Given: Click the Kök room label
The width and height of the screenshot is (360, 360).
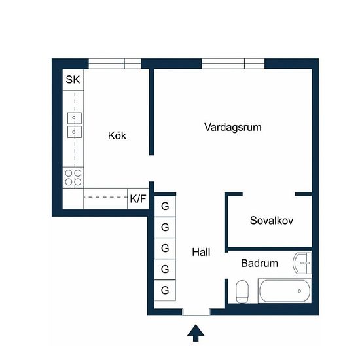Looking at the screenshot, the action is click(117, 135).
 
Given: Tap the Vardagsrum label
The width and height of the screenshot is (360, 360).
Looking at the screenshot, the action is click(233, 127).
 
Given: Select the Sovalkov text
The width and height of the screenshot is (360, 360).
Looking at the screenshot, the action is click(272, 221).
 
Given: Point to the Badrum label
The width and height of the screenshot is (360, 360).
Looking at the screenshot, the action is click(259, 263).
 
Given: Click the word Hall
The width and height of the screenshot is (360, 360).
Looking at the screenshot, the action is click(201, 252).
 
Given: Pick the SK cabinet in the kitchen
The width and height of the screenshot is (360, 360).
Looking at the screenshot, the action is click(73, 80).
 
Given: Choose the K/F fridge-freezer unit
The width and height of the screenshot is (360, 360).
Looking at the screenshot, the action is click(138, 199).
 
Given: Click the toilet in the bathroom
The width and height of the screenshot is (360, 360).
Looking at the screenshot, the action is click(242, 291).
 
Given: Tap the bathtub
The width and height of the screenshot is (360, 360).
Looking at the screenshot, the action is click(285, 291).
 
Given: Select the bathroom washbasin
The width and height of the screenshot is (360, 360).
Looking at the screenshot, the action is click(302, 263).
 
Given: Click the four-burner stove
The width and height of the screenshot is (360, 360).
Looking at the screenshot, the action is click(73, 177).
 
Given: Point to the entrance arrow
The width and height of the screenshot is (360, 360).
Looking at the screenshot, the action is click(196, 333).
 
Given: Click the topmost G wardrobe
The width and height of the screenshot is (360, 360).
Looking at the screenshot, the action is click(165, 206).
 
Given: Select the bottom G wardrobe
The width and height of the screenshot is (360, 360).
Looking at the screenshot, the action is click(165, 290).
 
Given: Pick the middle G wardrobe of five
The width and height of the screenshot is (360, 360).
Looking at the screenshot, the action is click(165, 248).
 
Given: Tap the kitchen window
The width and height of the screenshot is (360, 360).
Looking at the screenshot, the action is click(115, 63).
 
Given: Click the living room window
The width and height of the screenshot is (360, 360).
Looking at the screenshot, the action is click(233, 63).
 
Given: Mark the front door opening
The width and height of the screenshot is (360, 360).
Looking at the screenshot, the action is click(196, 312).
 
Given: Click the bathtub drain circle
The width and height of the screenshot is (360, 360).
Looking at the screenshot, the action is click(299, 291).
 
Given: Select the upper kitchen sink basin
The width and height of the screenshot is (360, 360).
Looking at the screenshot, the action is click(75, 118).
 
